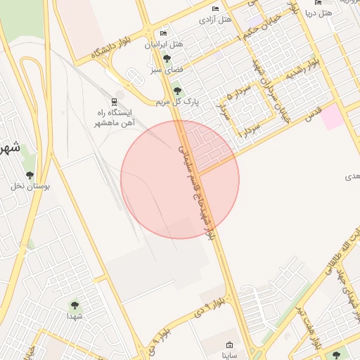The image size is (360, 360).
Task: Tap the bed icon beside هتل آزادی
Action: click(x=214, y=9)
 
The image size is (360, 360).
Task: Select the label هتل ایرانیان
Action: click(x=164, y=44)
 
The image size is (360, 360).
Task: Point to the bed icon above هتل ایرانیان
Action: click(x=164, y=34)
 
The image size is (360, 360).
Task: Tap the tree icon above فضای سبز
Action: click(x=167, y=59)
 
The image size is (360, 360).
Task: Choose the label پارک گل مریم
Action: click(x=178, y=102)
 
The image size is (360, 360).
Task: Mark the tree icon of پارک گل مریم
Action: click(x=176, y=89)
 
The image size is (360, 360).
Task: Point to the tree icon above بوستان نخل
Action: click(x=30, y=175)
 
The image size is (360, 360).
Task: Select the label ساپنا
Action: click(x=230, y=356)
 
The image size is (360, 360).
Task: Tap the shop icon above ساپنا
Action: click(x=230, y=345)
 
